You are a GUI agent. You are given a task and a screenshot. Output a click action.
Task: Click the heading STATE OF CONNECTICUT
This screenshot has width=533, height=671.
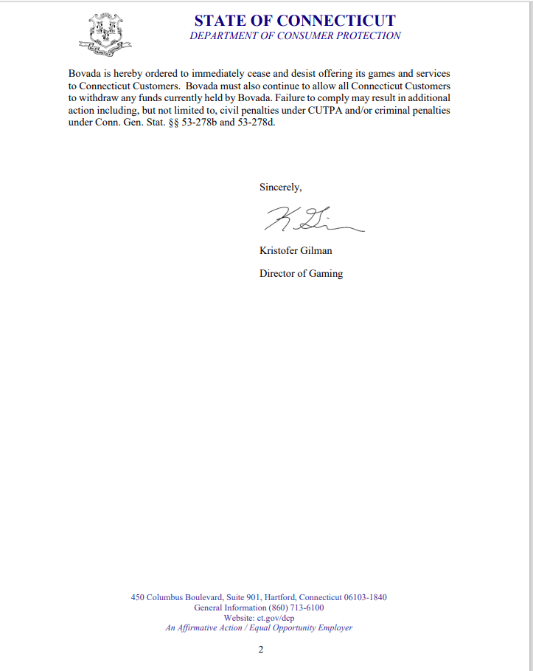(295, 21)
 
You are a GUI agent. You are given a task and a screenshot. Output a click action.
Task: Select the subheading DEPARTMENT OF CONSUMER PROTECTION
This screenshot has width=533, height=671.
(295, 35)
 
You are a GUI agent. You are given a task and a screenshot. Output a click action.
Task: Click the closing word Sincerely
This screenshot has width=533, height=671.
(280, 187)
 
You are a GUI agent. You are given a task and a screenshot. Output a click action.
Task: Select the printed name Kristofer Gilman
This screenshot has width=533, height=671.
(296, 250)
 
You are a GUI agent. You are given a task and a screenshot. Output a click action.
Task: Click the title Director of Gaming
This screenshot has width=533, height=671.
(301, 273)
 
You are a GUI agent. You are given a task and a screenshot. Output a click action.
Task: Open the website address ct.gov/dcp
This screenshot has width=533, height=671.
(275, 618)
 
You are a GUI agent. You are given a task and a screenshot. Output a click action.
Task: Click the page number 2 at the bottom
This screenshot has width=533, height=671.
(261, 650)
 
